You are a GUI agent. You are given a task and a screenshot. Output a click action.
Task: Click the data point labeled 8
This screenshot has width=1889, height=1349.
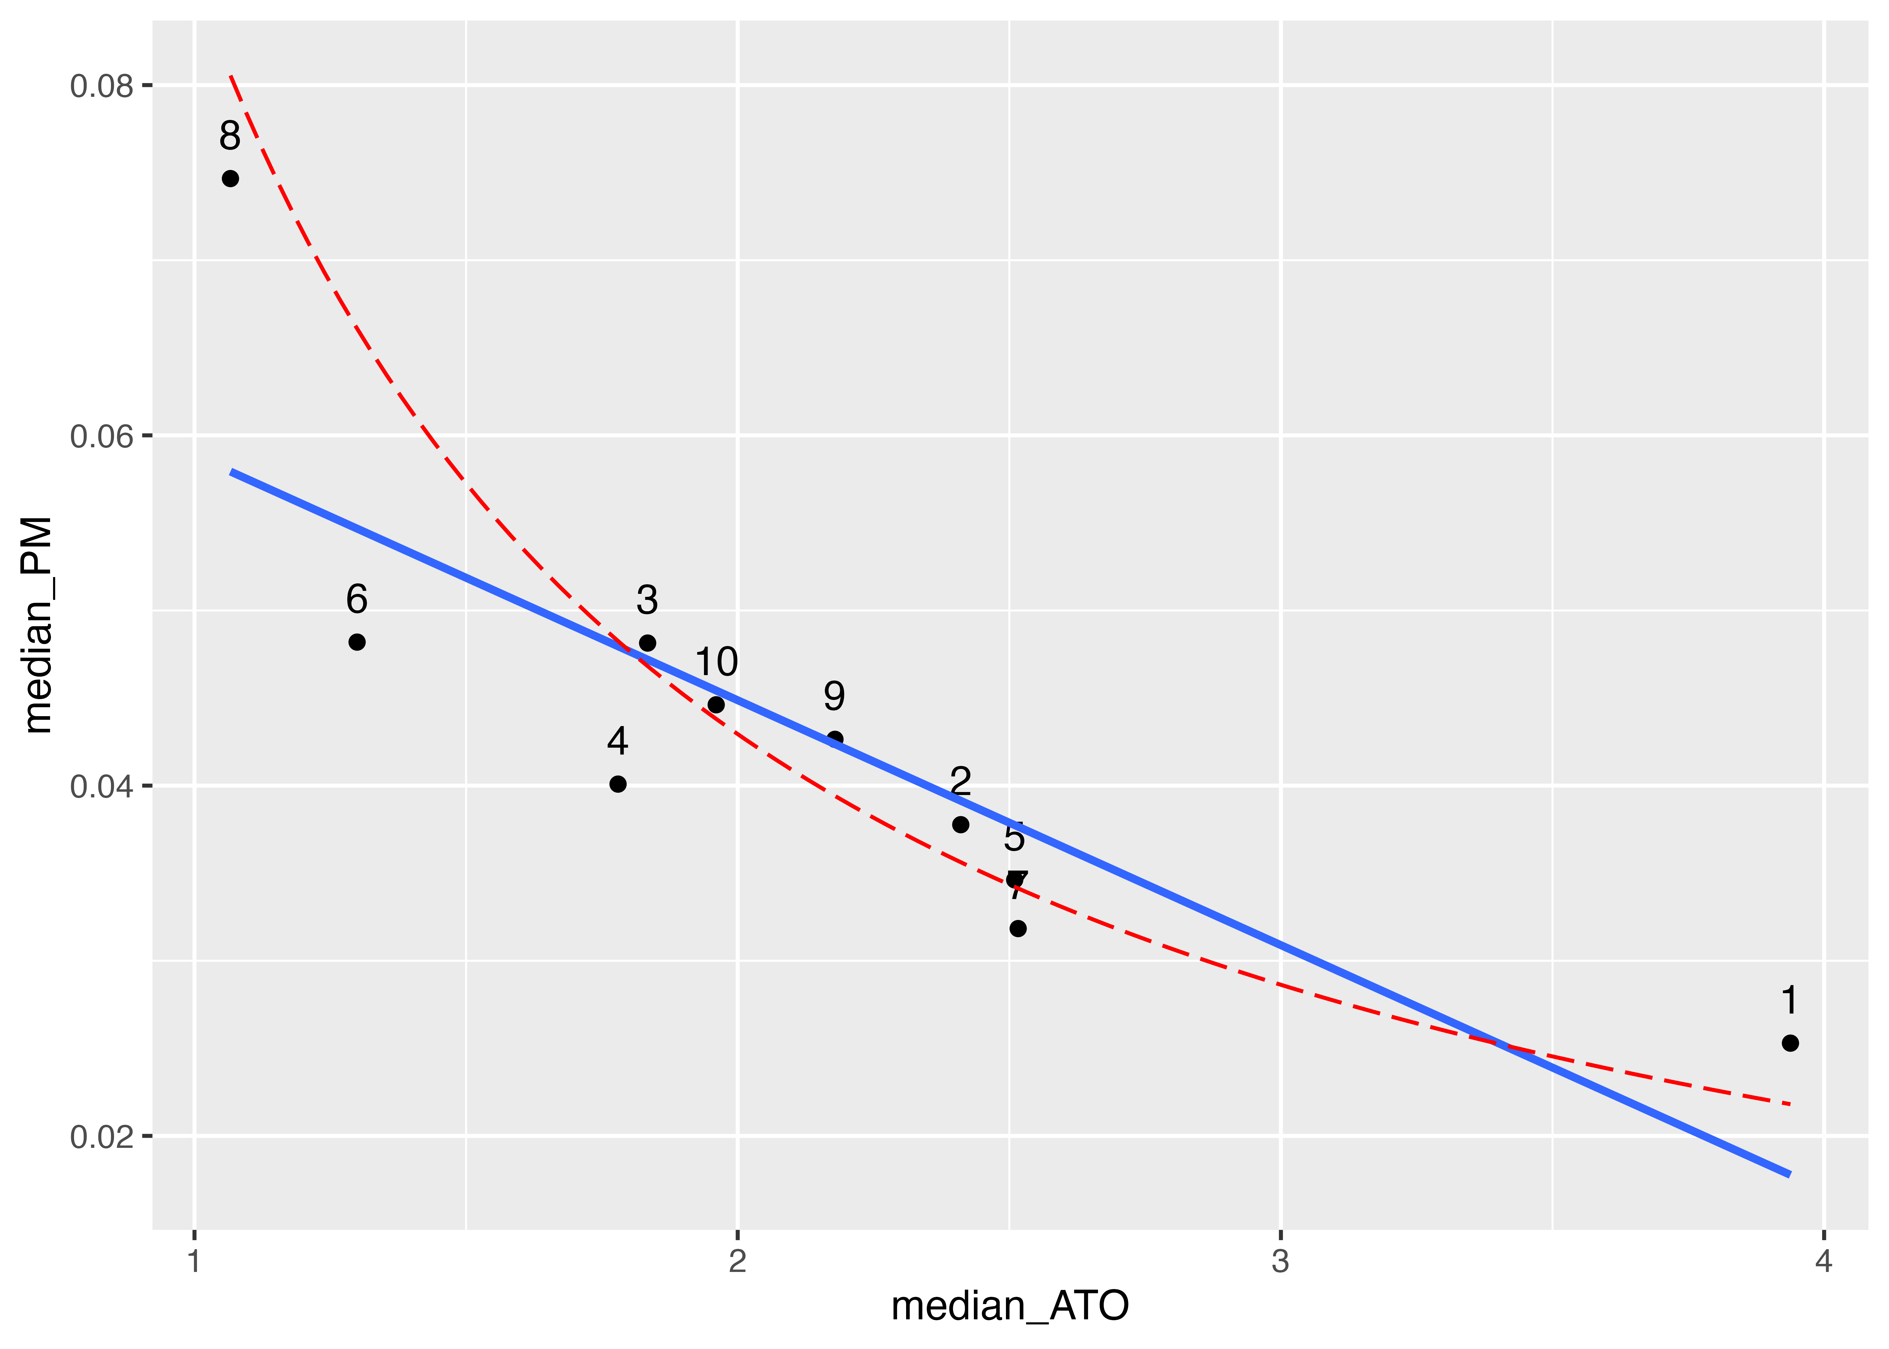(230, 179)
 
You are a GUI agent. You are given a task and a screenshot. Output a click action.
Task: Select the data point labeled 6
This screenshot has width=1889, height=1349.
(357, 642)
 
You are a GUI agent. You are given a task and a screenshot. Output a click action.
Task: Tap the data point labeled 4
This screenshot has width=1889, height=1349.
(618, 784)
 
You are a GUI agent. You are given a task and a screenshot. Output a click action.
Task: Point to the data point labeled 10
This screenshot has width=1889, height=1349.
(716, 704)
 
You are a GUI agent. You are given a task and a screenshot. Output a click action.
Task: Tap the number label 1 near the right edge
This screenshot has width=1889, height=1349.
(1790, 1000)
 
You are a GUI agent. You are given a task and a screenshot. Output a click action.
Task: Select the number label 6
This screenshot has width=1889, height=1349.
(357, 599)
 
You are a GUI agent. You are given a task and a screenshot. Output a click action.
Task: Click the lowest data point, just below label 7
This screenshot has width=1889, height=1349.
(1018, 928)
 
